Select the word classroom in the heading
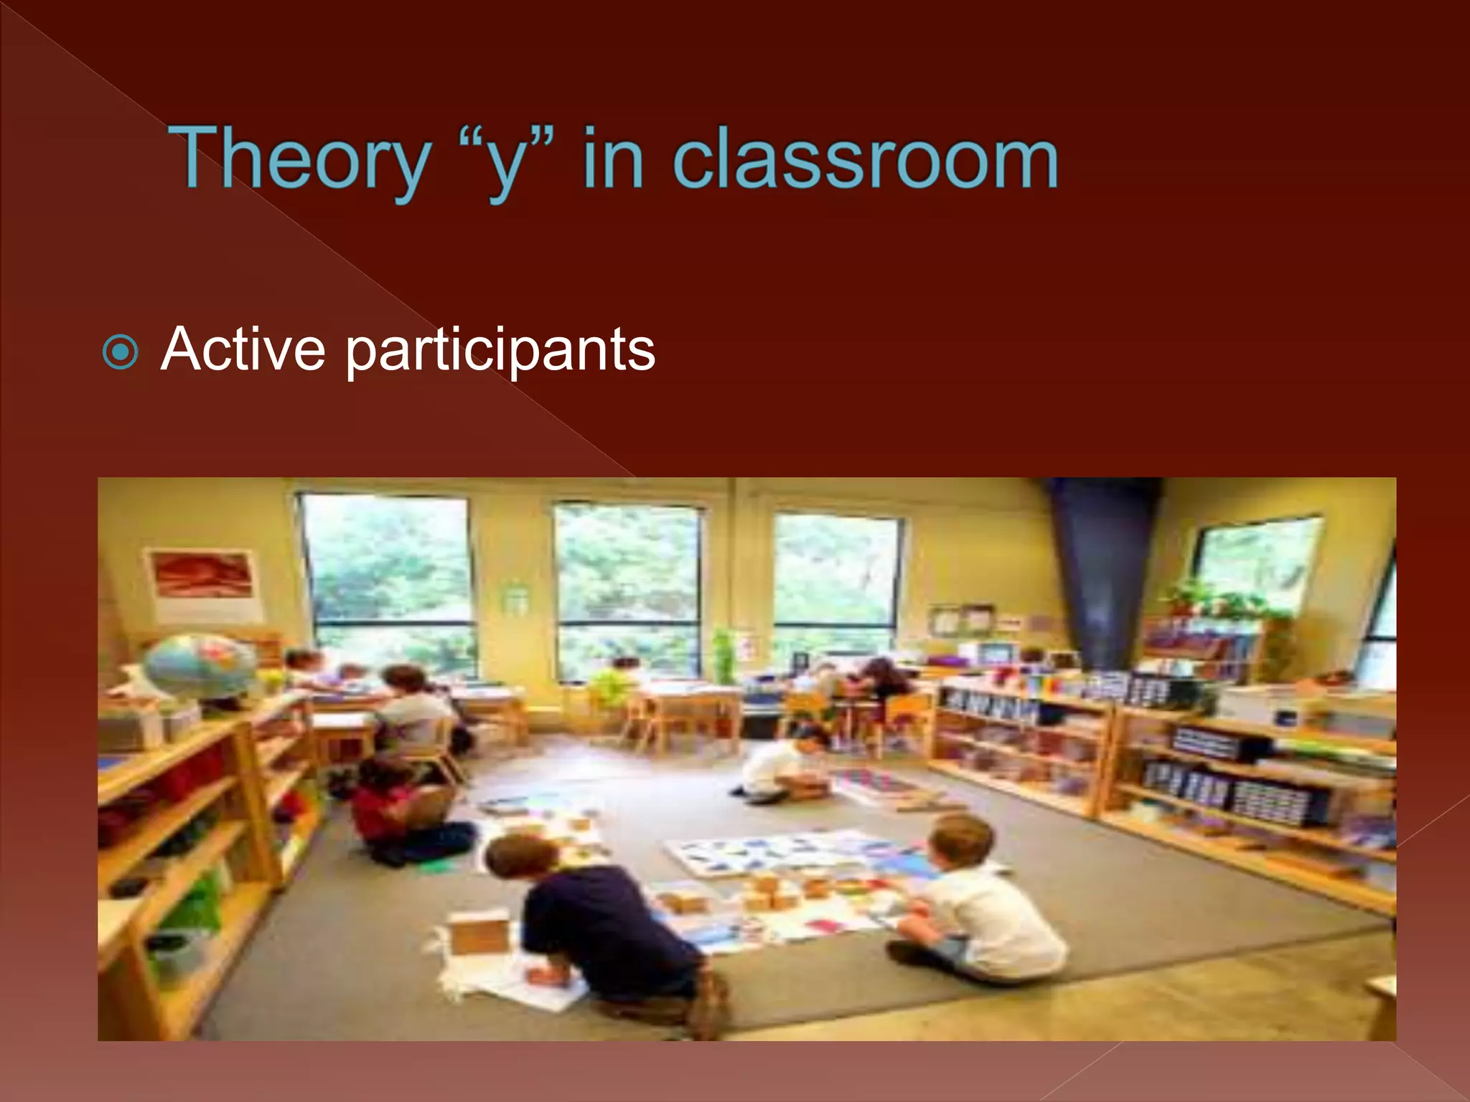[x=865, y=159]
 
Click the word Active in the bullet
[x=243, y=349]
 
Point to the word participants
[x=500, y=351]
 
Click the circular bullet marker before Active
[x=120, y=352]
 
